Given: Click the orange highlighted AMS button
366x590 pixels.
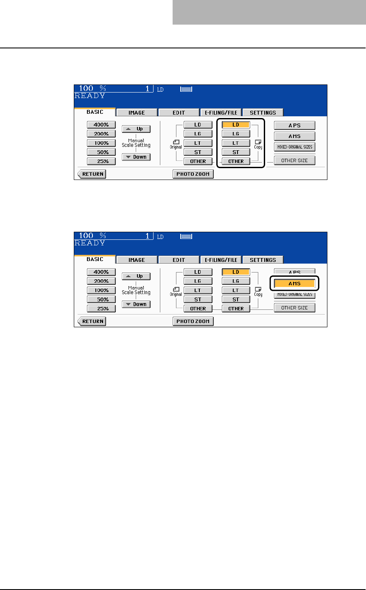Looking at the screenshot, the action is (x=294, y=284).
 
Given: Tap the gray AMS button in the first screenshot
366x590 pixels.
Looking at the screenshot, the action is (x=294, y=136).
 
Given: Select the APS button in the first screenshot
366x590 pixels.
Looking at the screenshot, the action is (x=294, y=125).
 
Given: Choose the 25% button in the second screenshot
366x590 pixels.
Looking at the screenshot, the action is (x=101, y=309).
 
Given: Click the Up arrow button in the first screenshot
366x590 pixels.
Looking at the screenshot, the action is (x=136, y=129).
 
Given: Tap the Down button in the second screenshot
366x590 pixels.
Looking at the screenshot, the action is (x=136, y=304).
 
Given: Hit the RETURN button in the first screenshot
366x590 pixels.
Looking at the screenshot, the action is (x=92, y=174).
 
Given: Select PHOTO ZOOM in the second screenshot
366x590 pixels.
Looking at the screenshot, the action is (x=193, y=321).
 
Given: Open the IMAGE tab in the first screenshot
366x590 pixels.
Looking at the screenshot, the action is (x=137, y=112).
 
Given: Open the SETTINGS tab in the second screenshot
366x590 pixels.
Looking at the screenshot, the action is (x=263, y=260).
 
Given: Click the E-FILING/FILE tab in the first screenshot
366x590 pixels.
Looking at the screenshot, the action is (x=221, y=112).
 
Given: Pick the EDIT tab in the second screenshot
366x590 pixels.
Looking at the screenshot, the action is (x=179, y=260).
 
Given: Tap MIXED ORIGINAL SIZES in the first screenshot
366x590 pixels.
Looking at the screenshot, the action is (x=294, y=147).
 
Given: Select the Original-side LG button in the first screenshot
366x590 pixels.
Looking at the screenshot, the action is (x=198, y=134).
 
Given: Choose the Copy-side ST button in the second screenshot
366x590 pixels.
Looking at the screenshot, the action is (x=236, y=300).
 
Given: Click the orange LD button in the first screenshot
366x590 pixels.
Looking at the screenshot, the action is (x=236, y=125).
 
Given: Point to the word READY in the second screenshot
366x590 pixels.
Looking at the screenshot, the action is (x=90, y=243).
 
